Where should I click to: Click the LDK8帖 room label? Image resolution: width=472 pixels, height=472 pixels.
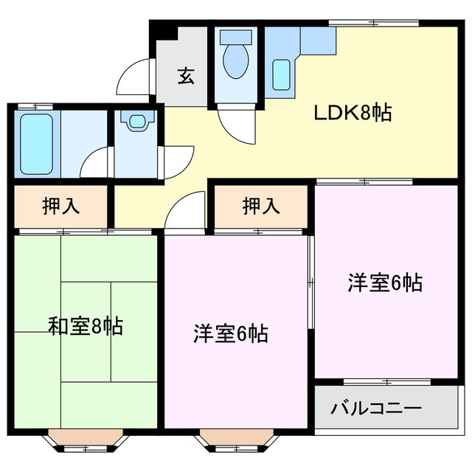click(x=353, y=114)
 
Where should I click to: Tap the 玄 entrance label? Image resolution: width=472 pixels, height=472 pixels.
click(x=186, y=76)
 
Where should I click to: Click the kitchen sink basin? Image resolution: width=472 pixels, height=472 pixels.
click(x=281, y=74)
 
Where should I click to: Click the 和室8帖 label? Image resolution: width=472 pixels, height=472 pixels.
click(x=86, y=324)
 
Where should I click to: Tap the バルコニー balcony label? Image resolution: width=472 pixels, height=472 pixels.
click(x=375, y=407)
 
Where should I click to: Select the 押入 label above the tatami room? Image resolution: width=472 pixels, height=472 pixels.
click(x=61, y=207)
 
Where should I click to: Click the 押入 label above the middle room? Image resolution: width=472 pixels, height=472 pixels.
click(x=261, y=207)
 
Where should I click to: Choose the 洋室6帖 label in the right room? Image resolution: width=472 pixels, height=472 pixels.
click(x=385, y=282)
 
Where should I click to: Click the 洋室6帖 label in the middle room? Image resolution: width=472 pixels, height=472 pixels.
click(x=230, y=333)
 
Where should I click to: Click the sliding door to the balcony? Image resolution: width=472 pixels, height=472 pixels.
click(x=388, y=381)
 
